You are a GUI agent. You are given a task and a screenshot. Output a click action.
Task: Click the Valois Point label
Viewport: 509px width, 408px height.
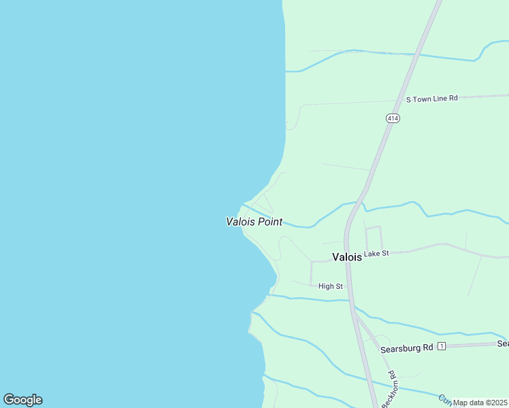point(254,222)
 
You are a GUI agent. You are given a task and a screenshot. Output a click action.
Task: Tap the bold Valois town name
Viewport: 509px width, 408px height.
point(346,256)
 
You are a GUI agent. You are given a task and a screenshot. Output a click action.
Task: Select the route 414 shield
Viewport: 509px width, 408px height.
point(393,118)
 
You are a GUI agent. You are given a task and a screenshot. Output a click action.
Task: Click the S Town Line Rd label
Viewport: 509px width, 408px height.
point(432,99)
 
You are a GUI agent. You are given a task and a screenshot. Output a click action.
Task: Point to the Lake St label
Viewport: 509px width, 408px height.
point(376,254)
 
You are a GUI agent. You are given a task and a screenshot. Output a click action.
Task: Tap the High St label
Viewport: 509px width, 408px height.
point(331,286)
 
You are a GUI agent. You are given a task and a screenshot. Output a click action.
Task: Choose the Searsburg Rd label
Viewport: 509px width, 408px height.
point(407,348)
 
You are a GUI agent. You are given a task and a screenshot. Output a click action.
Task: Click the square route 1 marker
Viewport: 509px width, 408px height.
point(442,347)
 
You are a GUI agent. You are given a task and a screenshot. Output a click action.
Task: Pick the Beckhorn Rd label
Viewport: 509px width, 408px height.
point(389,389)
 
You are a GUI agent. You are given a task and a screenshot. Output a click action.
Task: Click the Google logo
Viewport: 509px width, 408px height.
point(23,400)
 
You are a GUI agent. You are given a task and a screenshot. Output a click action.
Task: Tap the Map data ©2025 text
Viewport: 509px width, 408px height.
point(480,403)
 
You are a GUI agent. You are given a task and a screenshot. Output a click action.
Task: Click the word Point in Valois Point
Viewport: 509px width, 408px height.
point(269,222)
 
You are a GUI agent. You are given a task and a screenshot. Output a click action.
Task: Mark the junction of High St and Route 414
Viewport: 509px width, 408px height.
point(349,286)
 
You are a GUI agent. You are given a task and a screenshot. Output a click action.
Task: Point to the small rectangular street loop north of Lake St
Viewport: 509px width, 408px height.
point(374,238)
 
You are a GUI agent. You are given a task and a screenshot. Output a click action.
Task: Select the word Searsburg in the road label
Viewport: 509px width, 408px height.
point(398,348)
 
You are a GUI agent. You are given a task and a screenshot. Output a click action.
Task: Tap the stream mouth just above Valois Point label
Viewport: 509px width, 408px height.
point(243,204)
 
